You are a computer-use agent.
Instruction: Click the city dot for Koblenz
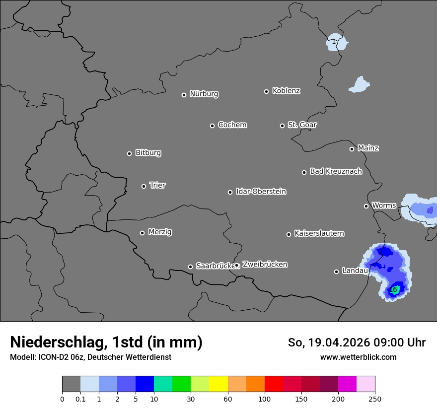pos(266,91)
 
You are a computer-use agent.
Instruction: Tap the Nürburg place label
pos(204,94)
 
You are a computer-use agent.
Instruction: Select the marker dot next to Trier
pos(144,186)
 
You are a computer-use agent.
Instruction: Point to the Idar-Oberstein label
pos(261,192)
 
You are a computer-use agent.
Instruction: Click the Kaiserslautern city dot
pos(289,234)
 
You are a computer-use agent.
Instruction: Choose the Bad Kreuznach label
pos(336,171)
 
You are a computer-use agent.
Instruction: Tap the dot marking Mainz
pos(352,149)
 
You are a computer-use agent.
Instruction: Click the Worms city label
pos(384,206)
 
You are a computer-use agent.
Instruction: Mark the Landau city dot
pos(336,272)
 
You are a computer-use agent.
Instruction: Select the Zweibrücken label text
pos(265,265)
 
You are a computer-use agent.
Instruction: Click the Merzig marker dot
pos(142,233)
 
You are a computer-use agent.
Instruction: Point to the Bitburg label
pos(148,153)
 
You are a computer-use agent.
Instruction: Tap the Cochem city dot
pos(212,126)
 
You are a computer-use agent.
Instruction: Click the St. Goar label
pos(302,125)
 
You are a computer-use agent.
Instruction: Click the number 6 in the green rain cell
pos(395,290)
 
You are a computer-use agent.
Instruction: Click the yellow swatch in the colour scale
pos(218,385)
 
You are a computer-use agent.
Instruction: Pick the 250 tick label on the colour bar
pos(375,399)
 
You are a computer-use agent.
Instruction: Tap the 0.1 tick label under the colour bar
pos(80,399)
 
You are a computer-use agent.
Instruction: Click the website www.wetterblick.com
pos(358,357)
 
